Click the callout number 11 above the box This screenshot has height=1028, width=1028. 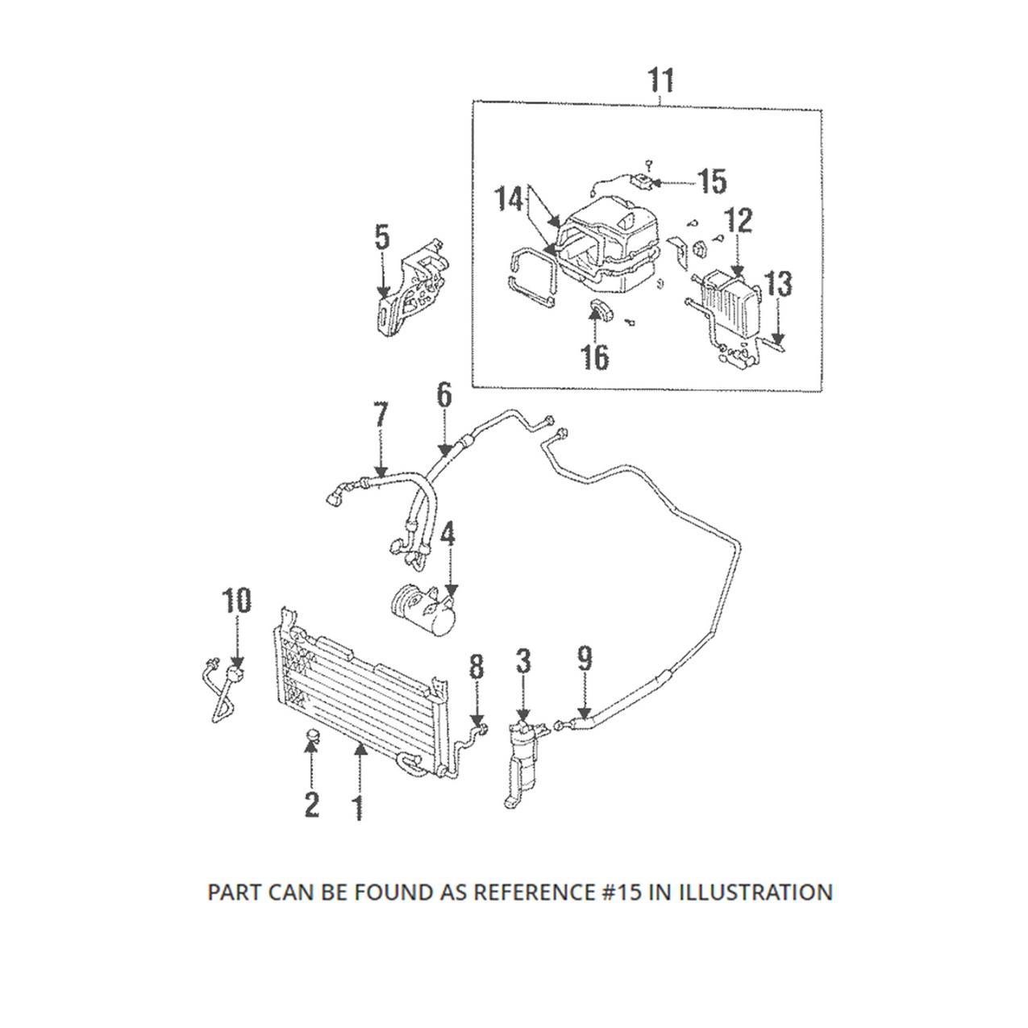click(x=660, y=81)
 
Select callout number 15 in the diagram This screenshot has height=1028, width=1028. click(x=712, y=182)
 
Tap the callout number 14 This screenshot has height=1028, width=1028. click(x=509, y=198)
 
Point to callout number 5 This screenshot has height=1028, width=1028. click(x=382, y=238)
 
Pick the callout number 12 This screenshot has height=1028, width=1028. click(x=739, y=221)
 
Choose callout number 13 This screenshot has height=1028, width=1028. click(x=778, y=284)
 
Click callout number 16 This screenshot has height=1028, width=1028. click(x=595, y=357)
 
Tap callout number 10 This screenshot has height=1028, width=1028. click(x=236, y=601)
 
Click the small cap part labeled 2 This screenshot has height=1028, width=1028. click(x=313, y=735)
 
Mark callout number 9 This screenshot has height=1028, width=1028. click(x=585, y=660)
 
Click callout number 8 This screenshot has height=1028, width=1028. click(x=477, y=667)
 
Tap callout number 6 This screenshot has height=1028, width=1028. click(x=444, y=395)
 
